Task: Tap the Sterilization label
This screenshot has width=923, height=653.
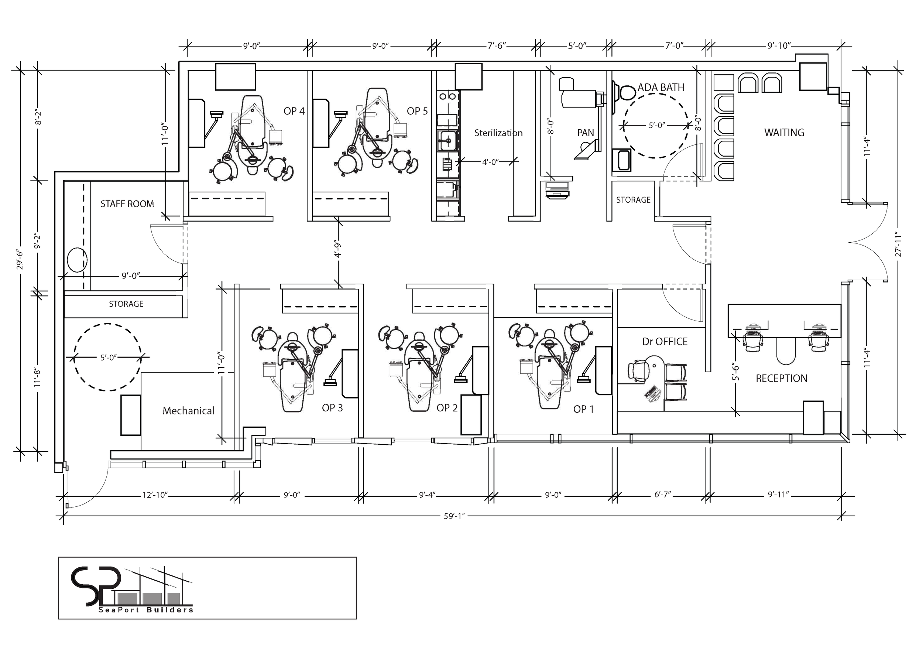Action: pyautogui.click(x=498, y=133)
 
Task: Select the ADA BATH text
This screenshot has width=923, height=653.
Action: pyautogui.click(x=661, y=87)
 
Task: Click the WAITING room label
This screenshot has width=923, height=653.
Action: pyautogui.click(x=784, y=133)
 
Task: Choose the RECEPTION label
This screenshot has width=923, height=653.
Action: pyautogui.click(x=781, y=378)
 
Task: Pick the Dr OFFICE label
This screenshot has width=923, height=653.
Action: pyautogui.click(x=665, y=342)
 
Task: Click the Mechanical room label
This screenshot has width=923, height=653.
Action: pyautogui.click(x=188, y=411)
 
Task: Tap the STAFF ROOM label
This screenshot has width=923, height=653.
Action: pyautogui.click(x=127, y=204)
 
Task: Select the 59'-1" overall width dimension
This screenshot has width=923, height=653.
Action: pyautogui.click(x=454, y=516)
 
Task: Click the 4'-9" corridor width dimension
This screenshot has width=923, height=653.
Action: pyautogui.click(x=338, y=249)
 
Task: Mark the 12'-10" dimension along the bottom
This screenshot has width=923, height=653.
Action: pyautogui.click(x=155, y=495)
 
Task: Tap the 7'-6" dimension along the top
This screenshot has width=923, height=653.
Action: pyautogui.click(x=497, y=46)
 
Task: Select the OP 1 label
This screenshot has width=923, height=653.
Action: pyautogui.click(x=583, y=409)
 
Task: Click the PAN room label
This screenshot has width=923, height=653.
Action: pyautogui.click(x=585, y=133)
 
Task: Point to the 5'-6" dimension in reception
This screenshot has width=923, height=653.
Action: pyautogui.click(x=735, y=372)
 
